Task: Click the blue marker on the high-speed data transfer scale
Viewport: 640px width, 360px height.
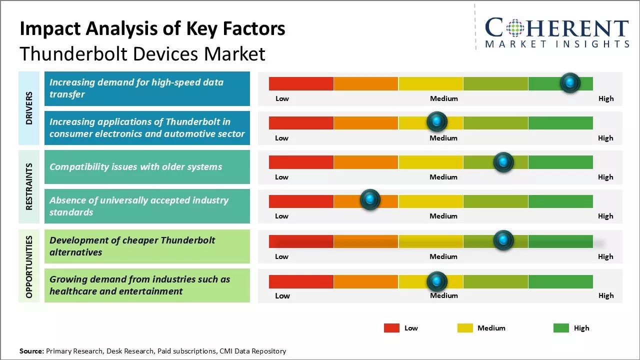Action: [x=570, y=83]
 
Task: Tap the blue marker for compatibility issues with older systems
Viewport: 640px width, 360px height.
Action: [x=503, y=162]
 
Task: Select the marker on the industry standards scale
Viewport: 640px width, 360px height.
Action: [x=370, y=200]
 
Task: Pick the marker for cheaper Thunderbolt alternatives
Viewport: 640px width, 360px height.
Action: [x=503, y=240]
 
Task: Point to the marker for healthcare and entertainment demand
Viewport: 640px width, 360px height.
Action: [x=437, y=281]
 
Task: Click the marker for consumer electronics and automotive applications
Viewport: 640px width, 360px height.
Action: [x=437, y=121]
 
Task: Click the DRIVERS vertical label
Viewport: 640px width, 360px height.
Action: [x=29, y=108]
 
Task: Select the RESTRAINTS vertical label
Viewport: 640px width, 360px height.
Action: [x=29, y=186]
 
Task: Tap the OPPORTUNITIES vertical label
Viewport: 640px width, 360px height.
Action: [x=29, y=267]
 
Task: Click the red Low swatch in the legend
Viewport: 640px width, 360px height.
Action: [x=391, y=328]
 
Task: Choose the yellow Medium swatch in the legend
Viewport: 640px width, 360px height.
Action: [x=465, y=328]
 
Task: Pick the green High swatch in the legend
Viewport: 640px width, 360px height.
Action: [x=561, y=328]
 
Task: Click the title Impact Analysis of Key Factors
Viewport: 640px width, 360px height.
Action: [x=152, y=28]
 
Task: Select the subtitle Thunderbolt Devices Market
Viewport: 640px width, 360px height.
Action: [x=142, y=53]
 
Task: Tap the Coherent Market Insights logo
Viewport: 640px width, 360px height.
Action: [x=557, y=32]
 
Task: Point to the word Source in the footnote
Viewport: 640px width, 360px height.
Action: [x=31, y=351]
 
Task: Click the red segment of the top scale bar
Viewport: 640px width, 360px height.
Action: [x=301, y=83]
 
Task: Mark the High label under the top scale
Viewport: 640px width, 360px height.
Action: [x=606, y=98]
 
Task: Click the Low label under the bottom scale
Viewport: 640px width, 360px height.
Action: [x=282, y=295]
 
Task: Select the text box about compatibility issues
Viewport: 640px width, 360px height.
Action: [x=147, y=167]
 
